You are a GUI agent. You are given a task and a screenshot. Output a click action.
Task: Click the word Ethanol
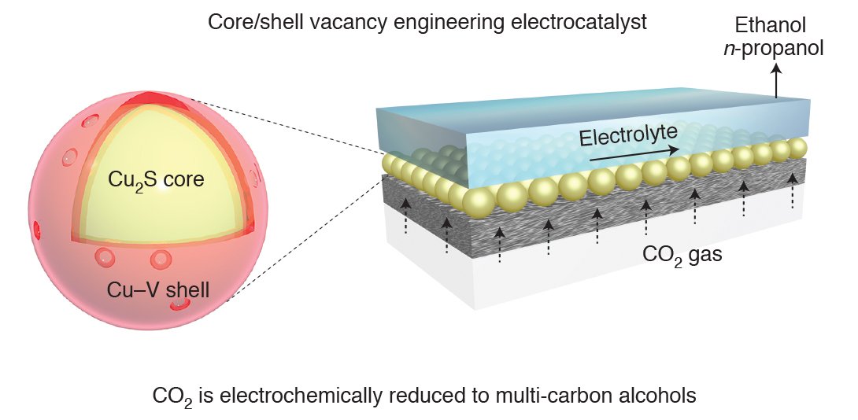(x=776, y=25)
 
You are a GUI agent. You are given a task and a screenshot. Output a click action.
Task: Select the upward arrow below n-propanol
(x=776, y=80)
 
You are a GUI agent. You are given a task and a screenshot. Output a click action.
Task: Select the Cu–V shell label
(x=158, y=290)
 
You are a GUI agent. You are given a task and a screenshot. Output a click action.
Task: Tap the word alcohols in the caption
(x=662, y=396)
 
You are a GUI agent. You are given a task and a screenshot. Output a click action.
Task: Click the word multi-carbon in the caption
(x=564, y=396)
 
